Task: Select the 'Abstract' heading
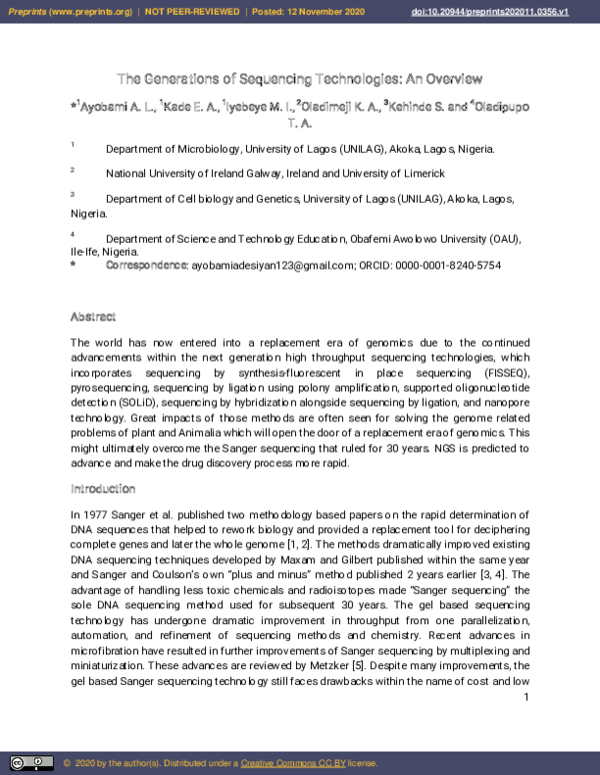point(92,317)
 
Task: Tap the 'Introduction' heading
point(102,489)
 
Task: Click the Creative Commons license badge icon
point(27,763)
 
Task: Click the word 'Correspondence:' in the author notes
point(146,266)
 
